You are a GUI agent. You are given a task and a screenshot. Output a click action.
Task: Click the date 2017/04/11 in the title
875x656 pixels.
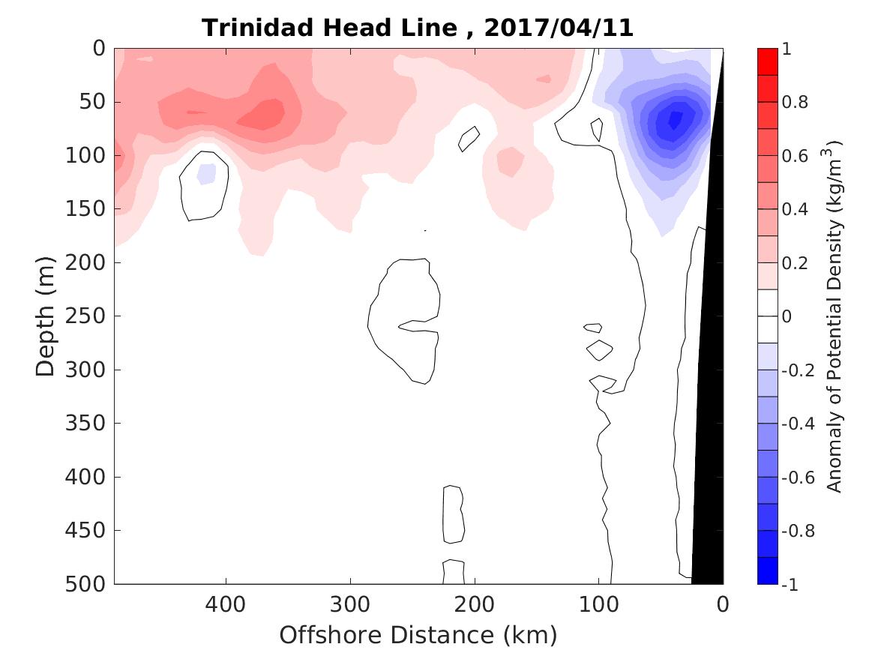(x=559, y=28)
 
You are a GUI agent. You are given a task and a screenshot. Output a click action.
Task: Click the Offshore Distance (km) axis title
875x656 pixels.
(x=418, y=636)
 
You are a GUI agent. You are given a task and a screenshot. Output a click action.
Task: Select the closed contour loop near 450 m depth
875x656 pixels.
(x=453, y=514)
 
